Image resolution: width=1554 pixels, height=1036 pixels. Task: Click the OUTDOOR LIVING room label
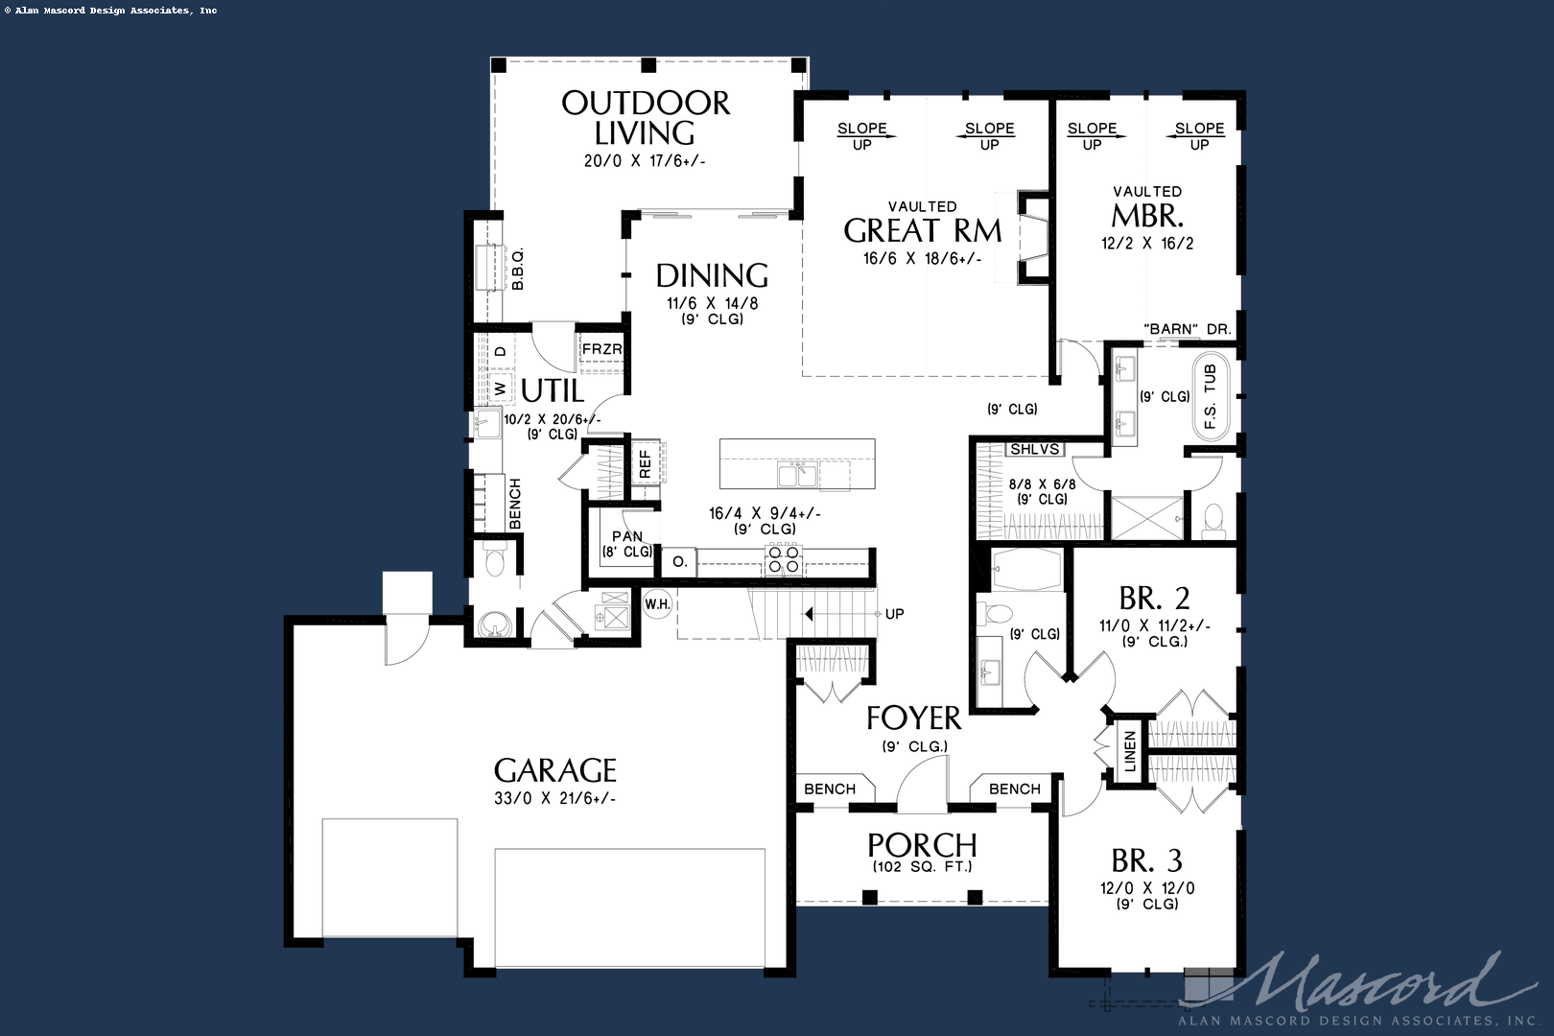pos(646,118)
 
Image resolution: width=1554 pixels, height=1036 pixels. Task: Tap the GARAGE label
pos(555,770)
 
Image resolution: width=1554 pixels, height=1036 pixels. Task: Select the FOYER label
pos(913,718)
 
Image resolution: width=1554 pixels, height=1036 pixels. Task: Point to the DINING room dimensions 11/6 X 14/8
pos(713,303)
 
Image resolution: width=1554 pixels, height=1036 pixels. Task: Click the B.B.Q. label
pos(518,269)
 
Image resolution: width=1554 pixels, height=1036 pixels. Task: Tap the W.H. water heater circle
pos(657,604)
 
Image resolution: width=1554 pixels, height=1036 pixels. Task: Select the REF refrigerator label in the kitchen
pos(645,464)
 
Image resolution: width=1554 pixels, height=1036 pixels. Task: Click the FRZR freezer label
pos(601,349)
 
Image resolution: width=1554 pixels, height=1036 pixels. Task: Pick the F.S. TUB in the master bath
pos(1211,396)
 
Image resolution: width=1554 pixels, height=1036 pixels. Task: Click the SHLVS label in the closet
pos(1034,449)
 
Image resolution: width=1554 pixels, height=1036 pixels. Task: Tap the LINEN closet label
pos(1129,751)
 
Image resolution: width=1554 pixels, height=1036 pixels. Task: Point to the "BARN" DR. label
pos(1187,329)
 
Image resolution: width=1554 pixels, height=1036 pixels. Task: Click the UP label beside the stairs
pos(894,614)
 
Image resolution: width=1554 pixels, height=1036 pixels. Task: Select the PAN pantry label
pos(627,536)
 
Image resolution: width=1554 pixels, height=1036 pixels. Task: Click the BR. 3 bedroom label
pos(1146,861)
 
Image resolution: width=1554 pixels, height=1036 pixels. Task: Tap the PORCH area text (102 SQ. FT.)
pos(922,866)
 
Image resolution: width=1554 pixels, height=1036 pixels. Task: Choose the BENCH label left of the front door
pos(830,789)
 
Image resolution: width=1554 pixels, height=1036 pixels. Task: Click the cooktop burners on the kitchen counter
pos(784,560)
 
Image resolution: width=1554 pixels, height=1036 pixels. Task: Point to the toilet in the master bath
pos(1213,520)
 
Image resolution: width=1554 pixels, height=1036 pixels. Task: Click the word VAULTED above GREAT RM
pos(922,207)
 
